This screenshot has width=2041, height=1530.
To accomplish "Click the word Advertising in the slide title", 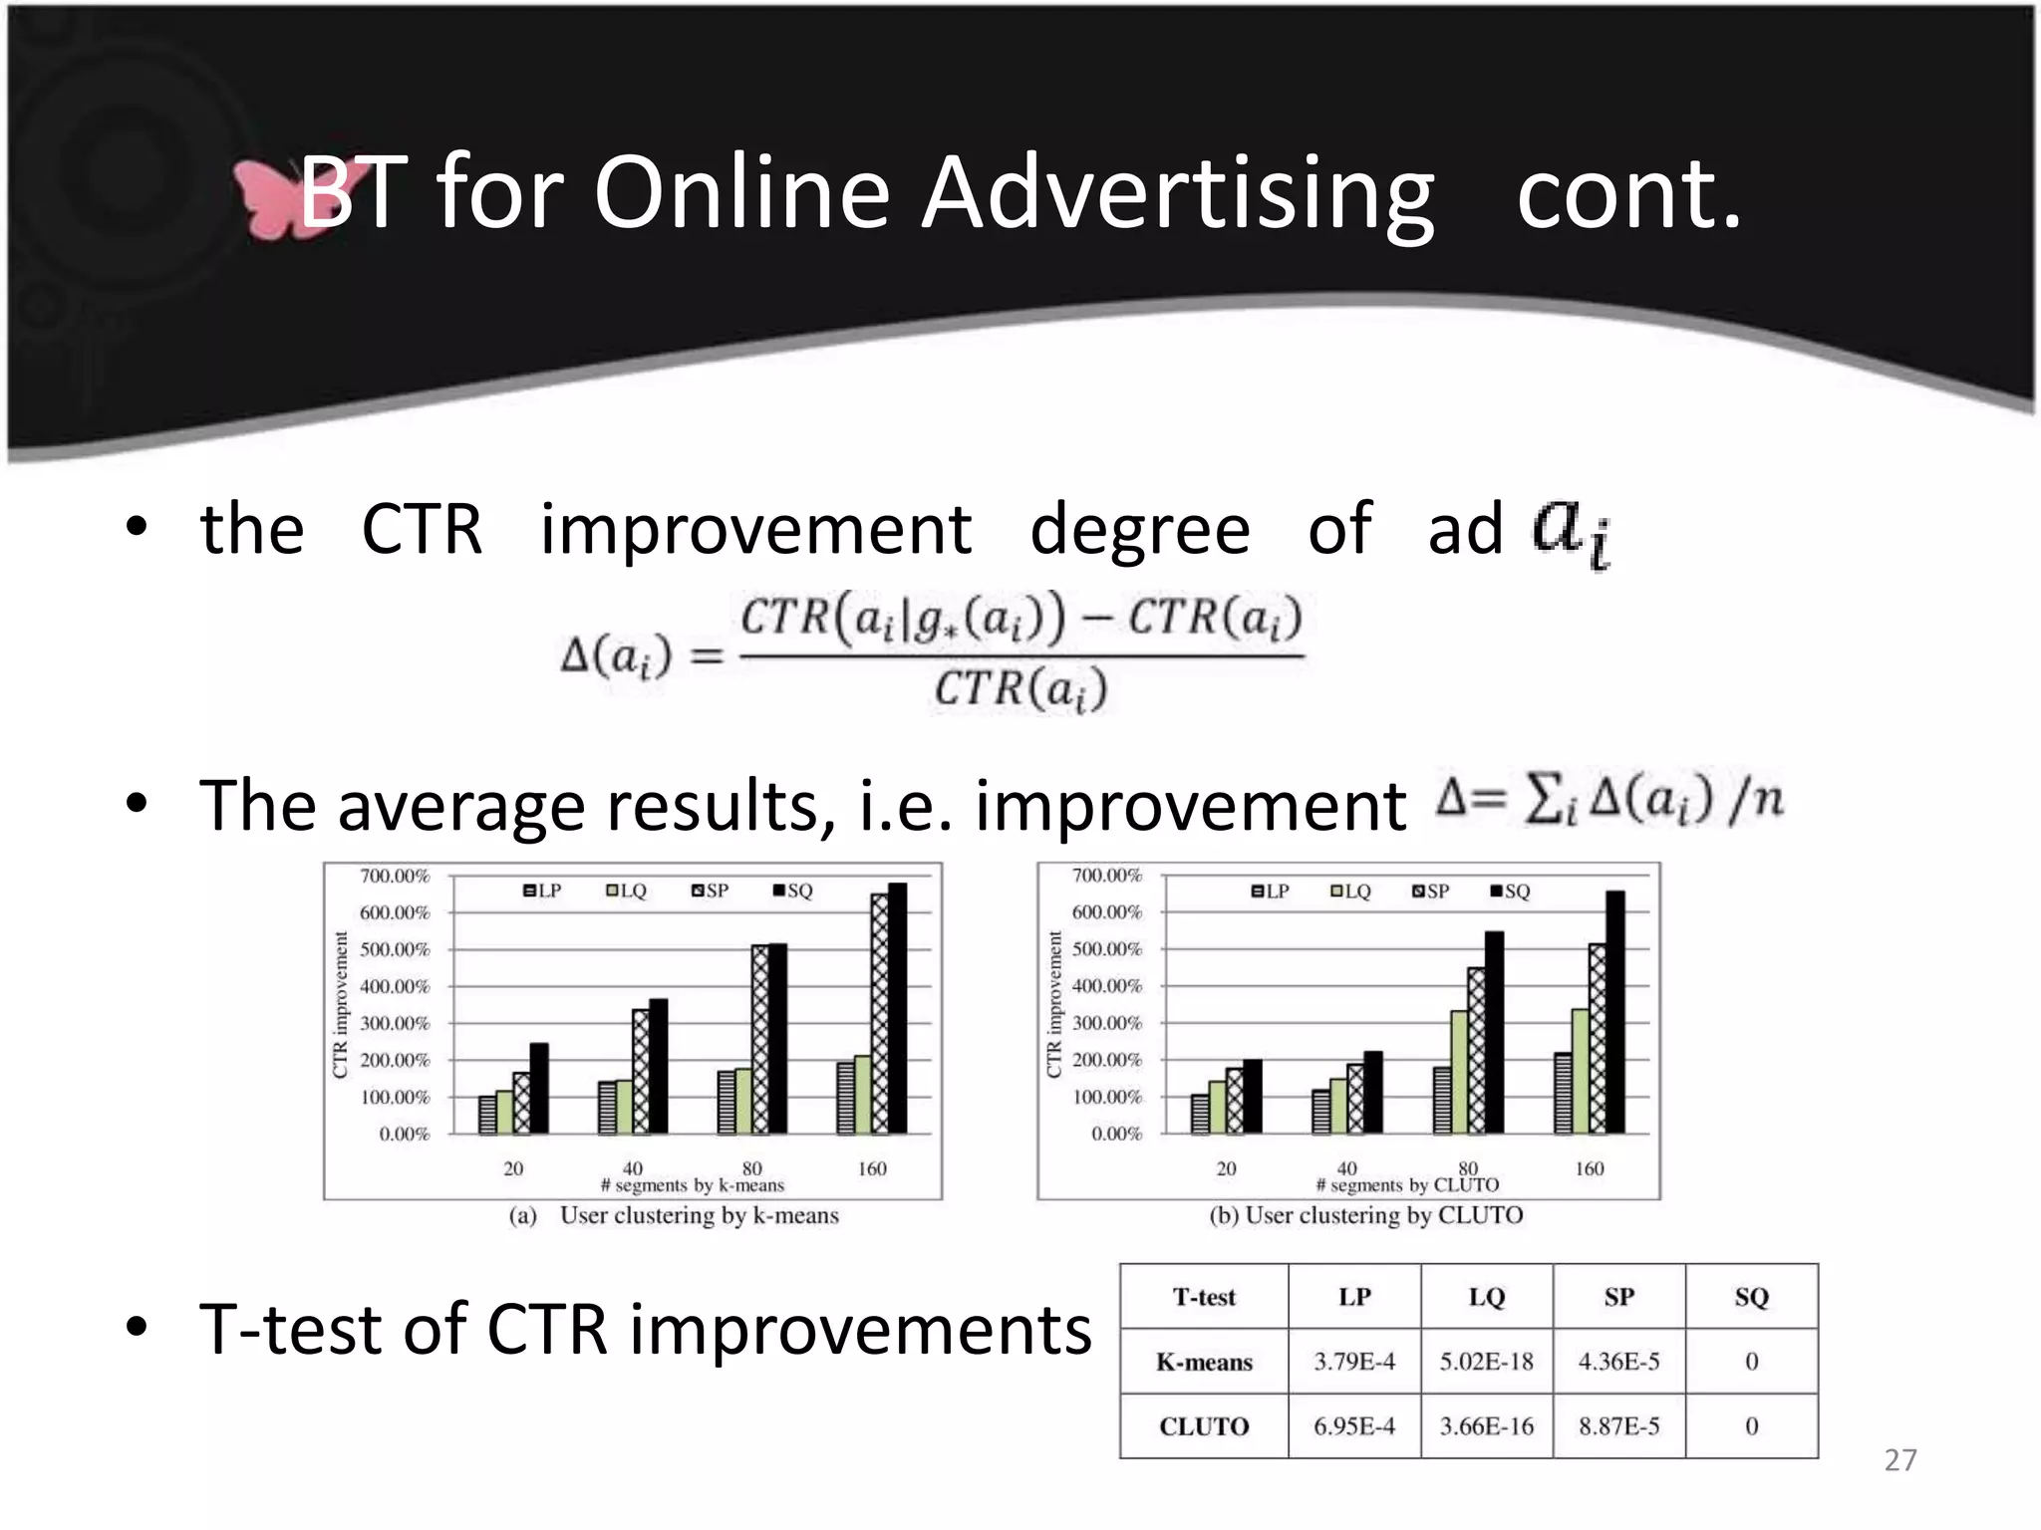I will click(x=1176, y=193).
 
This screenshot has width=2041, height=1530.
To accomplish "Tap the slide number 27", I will click(x=1900, y=1460).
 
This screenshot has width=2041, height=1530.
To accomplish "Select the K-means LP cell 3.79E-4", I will click(x=1353, y=1362).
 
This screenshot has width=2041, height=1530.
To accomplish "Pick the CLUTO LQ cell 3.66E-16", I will click(x=1486, y=1426).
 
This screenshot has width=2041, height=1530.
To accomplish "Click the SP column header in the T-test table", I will click(x=1618, y=1297).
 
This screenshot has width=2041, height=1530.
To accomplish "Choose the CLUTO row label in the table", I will click(x=1204, y=1426).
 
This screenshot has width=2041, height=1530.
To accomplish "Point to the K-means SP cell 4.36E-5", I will click(x=1618, y=1362).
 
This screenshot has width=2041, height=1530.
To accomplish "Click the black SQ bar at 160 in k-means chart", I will click(x=897, y=1008).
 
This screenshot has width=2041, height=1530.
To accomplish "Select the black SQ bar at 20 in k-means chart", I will click(x=539, y=1088).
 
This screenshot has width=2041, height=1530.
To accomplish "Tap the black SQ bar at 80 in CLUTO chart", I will click(x=1494, y=1032).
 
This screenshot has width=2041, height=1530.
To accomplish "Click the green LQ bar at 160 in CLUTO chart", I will click(x=1580, y=1071).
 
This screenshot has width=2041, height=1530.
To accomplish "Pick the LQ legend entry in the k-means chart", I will click(x=627, y=891).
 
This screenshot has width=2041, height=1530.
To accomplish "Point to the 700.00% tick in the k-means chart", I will click(x=395, y=876).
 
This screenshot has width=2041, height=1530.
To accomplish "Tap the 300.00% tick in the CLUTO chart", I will click(x=1107, y=1023).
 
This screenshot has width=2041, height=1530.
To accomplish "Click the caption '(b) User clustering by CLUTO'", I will click(x=1365, y=1215).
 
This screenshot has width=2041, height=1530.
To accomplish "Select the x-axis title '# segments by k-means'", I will click(x=693, y=1185).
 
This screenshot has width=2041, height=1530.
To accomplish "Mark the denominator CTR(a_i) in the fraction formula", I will click(x=1020, y=689).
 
